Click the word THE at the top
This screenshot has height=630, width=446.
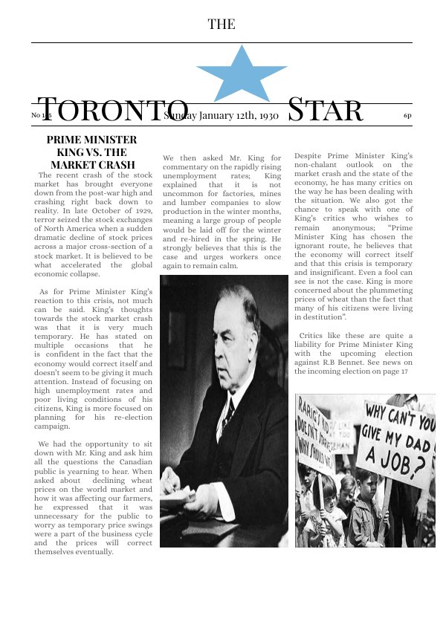(x=222, y=25)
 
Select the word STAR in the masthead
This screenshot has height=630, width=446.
(x=325, y=111)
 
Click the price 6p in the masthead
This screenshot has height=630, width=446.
(x=407, y=116)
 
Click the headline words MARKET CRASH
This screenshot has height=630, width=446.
(x=93, y=165)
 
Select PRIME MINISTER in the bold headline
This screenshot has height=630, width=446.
(x=91, y=140)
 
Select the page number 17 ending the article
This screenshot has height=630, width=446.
(x=404, y=371)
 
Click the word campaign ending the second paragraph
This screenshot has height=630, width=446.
(x=57, y=426)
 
